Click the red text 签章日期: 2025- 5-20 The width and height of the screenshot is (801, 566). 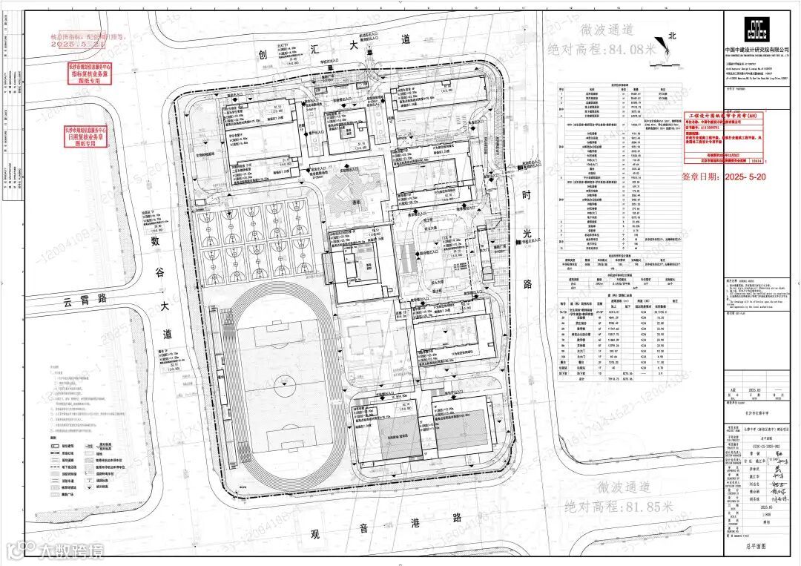pyautogui.click(x=725, y=177)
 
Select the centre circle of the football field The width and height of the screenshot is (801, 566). pyautogui.click(x=281, y=384)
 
